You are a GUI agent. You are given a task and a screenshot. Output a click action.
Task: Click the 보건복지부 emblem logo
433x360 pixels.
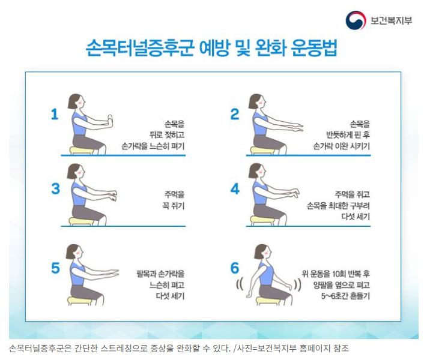[356, 20]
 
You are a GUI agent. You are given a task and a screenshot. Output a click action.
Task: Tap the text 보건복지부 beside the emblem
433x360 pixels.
[391, 20]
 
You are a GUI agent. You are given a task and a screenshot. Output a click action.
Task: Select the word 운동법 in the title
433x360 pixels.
[314, 48]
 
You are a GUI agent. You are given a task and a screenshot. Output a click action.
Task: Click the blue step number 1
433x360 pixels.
[55, 114]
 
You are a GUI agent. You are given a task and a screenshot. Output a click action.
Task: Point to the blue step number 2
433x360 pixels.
[235, 114]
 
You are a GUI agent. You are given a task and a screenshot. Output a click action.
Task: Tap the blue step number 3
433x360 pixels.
[55, 188]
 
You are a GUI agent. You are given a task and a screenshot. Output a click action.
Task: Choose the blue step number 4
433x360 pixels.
[235, 188]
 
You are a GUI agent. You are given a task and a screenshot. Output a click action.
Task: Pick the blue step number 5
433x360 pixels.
[55, 268]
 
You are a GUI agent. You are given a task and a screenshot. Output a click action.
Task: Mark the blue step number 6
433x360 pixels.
[235, 268]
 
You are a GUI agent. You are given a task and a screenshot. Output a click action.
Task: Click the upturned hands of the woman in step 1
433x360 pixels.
[110, 122]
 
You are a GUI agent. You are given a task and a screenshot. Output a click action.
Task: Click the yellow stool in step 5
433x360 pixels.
[79, 301]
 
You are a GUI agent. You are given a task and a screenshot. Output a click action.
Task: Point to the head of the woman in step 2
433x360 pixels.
[256, 101]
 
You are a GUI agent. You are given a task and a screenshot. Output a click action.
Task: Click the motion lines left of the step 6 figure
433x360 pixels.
[240, 285]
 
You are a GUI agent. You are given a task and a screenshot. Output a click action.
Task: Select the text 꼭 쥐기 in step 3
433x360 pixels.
[173, 206]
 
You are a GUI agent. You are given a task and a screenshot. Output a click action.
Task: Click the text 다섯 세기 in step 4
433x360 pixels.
[356, 217]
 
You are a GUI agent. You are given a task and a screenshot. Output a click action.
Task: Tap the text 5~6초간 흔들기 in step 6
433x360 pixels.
[345, 296]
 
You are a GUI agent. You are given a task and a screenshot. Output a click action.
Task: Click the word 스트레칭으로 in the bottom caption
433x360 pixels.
[124, 349]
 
